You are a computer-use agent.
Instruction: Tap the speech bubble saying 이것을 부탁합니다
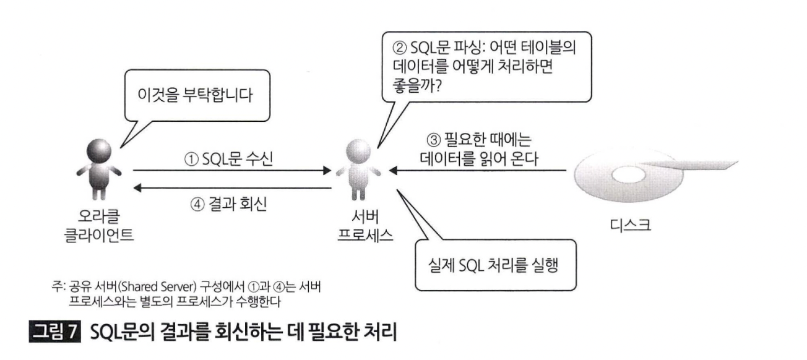(196, 97)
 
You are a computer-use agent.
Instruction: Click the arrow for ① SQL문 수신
(233, 169)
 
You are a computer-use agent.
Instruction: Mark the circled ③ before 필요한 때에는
(434, 140)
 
